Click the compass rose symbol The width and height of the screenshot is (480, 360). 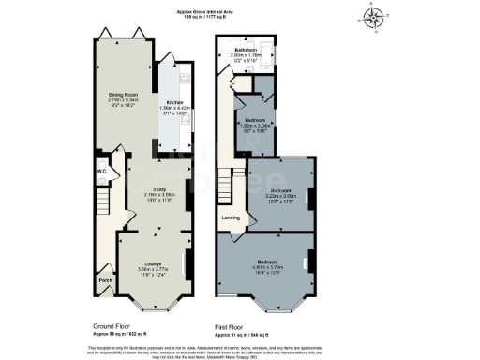[376, 16]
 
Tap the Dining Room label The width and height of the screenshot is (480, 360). [118, 94]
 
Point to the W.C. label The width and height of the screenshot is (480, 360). [103, 172]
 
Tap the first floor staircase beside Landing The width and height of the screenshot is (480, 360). [226, 187]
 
